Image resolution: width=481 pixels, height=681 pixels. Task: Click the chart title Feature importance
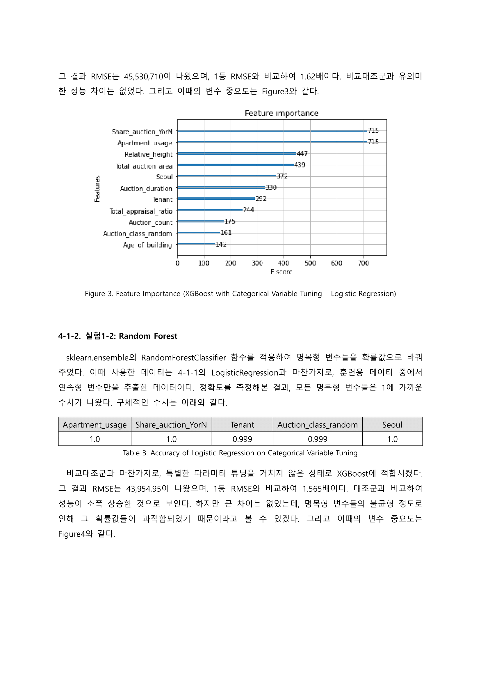click(x=282, y=113)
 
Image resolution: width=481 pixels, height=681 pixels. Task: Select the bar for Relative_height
click(x=237, y=153)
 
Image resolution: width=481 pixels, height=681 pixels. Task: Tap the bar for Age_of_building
click(x=196, y=244)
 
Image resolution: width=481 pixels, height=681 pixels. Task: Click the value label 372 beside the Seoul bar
click(x=282, y=176)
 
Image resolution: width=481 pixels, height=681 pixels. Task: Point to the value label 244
click(x=248, y=210)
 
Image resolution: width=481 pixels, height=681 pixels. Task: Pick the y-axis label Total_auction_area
click(x=144, y=166)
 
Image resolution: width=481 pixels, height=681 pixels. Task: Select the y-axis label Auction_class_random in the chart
click(x=138, y=234)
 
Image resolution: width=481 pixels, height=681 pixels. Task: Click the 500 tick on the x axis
click(x=310, y=263)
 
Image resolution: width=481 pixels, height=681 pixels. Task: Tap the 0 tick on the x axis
click(x=177, y=263)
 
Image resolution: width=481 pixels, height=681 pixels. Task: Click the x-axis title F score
click(x=281, y=272)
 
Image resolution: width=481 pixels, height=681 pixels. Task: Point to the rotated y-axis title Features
click(x=97, y=189)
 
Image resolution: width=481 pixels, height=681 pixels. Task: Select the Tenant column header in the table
click(x=242, y=425)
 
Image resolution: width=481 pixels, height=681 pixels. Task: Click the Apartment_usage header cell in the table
click(x=95, y=425)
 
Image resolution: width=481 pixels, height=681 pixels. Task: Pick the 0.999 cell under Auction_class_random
click(x=317, y=439)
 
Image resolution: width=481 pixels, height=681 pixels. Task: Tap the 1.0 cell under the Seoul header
click(x=392, y=439)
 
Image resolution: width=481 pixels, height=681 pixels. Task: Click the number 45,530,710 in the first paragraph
click(x=144, y=77)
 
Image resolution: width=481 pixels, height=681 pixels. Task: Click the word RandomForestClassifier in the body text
click(x=183, y=358)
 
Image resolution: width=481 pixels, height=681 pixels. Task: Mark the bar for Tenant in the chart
click(x=216, y=199)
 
